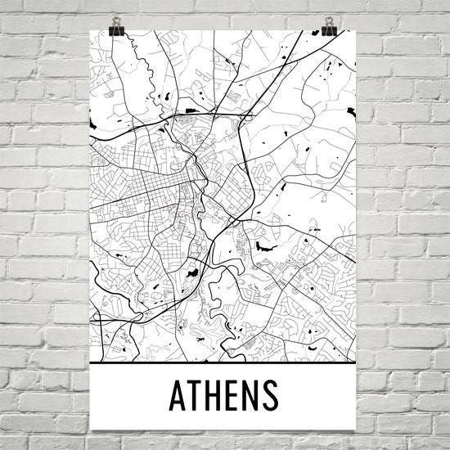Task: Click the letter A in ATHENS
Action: pos(179,395)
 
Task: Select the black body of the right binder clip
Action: pos(329,31)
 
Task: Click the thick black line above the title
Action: pos(225,361)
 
